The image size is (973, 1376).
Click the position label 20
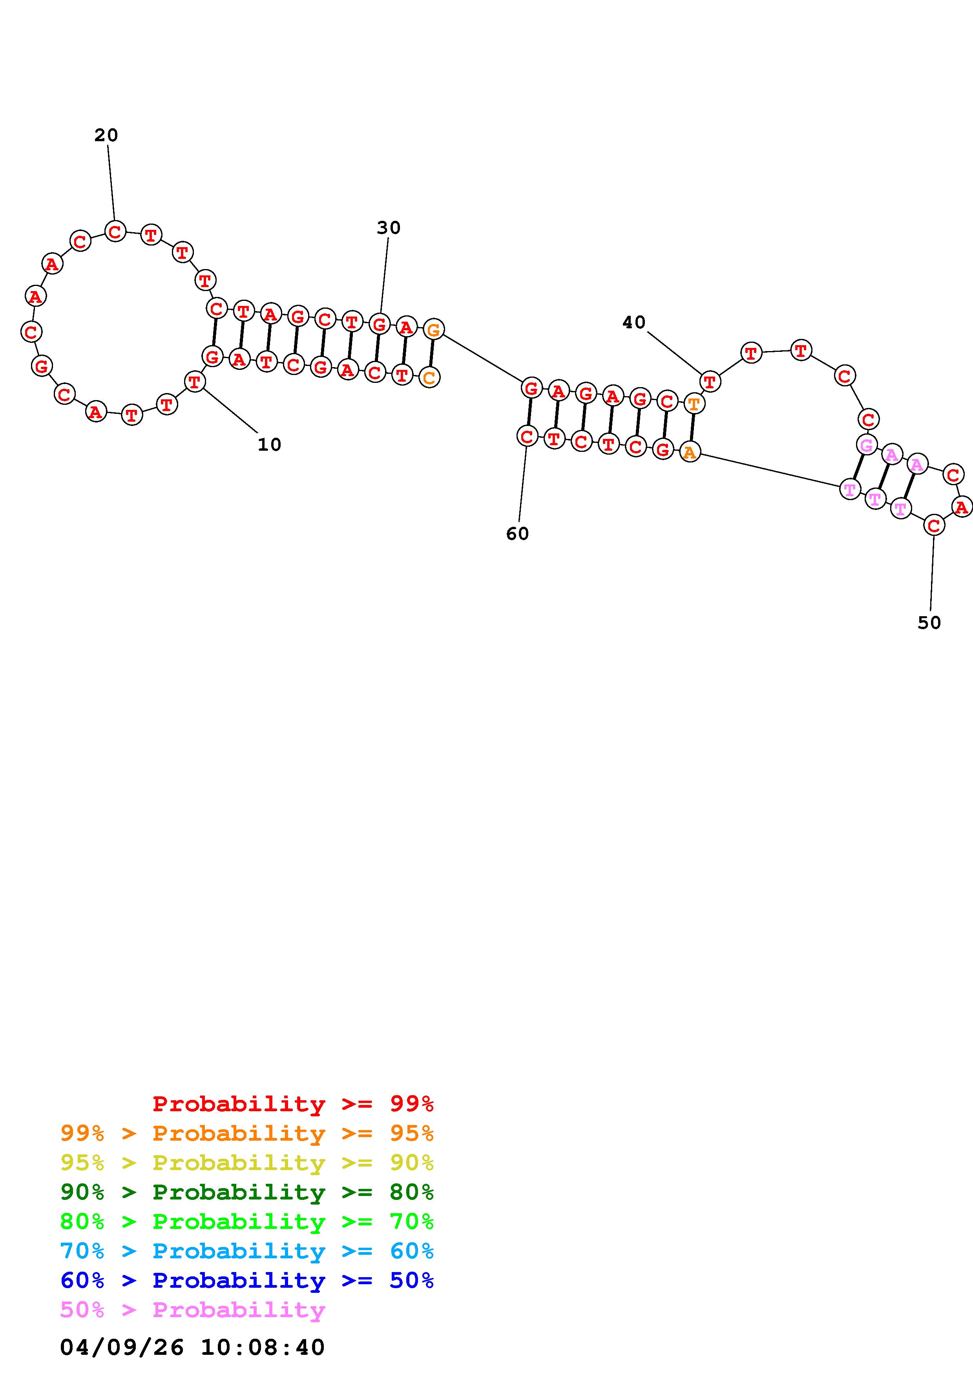tap(106, 135)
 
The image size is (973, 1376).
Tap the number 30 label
tap(389, 228)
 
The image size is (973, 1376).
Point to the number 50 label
tap(929, 622)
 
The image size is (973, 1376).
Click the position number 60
tap(517, 533)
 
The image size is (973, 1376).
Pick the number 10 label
tap(269, 445)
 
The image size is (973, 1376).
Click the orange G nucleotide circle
tap(433, 329)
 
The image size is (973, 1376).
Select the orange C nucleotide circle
tap(429, 378)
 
